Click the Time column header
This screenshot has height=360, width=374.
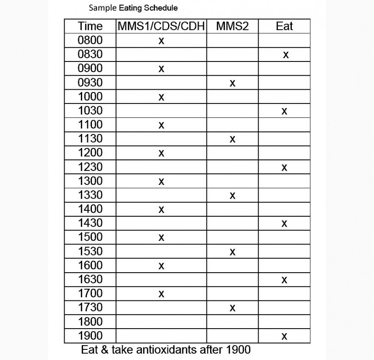90,26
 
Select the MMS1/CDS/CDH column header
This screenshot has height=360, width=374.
161,26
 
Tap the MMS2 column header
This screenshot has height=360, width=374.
232,26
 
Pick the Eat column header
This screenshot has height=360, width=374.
284,26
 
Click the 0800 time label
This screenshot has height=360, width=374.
90,40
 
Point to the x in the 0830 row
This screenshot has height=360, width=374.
286,55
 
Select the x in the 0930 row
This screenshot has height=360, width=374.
232,83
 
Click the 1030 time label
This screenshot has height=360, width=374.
90,110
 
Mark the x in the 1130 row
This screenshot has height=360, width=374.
232,139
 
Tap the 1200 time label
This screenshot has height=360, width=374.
90,153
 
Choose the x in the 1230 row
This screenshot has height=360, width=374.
284,167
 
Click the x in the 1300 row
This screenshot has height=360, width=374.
161,182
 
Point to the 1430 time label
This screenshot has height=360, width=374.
90,223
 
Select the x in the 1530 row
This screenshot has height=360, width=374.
232,252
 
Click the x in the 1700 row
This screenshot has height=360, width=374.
161,293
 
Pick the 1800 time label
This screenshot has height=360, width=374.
90,321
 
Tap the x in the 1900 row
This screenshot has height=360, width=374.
284,336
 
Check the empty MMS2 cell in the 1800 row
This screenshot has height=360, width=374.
232,321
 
